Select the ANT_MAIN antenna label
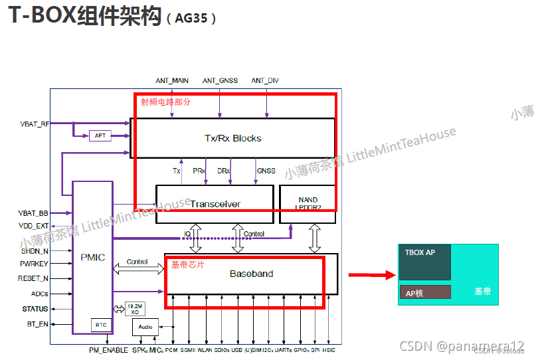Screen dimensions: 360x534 (x=172, y=80)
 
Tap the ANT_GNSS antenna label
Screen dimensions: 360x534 (x=220, y=80)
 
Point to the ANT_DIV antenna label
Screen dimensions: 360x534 (x=265, y=80)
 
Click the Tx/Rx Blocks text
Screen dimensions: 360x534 (x=232, y=138)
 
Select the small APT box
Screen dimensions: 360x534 (x=100, y=135)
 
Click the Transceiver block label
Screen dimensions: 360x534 (x=215, y=204)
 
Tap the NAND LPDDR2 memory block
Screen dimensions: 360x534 (x=308, y=203)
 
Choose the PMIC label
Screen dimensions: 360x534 (x=92, y=257)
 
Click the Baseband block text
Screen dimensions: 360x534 (x=251, y=274)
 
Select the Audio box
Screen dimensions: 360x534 (x=145, y=327)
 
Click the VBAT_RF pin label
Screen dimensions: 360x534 (x=35, y=124)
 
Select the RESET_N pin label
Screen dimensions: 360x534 (x=33, y=278)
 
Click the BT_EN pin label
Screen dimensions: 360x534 (x=37, y=323)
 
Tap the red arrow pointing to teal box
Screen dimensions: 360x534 (x=367, y=274)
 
